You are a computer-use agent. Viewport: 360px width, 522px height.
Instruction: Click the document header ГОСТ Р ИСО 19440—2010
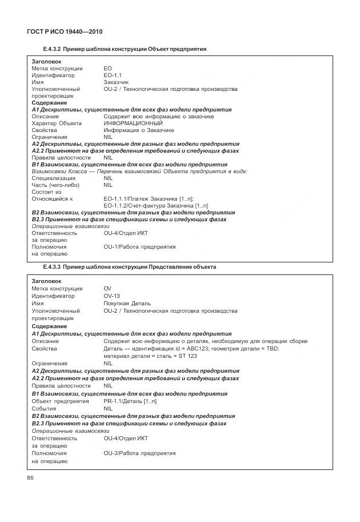(64, 31)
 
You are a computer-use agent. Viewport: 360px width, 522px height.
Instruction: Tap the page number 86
(31, 478)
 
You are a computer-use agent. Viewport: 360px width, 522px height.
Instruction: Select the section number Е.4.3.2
(52, 50)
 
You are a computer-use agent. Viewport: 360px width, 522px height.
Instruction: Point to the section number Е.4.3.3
(52, 267)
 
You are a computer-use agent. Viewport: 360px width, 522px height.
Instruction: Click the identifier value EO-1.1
(113, 75)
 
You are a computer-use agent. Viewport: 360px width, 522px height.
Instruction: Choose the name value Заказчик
(116, 82)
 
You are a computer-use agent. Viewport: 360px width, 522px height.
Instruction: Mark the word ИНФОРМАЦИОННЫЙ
(133, 123)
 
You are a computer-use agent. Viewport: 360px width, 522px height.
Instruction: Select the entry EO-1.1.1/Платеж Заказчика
(149, 198)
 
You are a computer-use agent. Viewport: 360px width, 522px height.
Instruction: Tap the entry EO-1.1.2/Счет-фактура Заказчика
(155, 205)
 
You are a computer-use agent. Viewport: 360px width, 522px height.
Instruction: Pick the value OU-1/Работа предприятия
(139, 247)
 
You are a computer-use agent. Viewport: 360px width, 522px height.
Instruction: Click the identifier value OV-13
(111, 296)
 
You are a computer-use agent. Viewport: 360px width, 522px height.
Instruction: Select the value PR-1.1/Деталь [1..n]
(130, 401)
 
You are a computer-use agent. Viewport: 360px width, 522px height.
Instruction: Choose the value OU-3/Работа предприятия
(139, 453)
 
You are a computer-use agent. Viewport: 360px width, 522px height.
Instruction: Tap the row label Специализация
(53, 178)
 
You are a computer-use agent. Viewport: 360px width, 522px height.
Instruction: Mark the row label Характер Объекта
(57, 123)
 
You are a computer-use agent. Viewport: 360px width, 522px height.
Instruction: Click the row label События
(44, 408)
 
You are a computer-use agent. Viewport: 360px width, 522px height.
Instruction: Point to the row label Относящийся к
(52, 198)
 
